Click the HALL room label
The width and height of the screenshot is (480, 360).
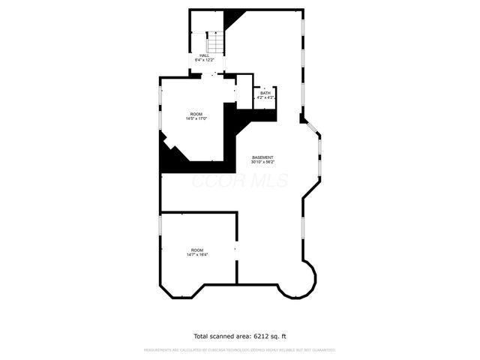[204, 55]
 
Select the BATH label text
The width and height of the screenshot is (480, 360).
[265, 93]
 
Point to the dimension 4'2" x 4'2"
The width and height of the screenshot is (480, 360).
[265, 97]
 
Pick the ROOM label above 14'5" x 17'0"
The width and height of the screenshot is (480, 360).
[196, 114]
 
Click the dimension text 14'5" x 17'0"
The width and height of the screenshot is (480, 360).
[196, 118]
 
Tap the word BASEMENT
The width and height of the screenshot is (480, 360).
[262, 157]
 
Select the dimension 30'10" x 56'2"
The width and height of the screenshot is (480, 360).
[262, 162]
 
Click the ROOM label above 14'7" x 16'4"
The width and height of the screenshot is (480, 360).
[197, 250]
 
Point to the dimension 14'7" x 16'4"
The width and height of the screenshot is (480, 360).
[197, 255]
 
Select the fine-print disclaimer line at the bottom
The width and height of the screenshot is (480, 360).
[240, 349]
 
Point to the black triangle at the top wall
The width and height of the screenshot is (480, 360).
[235, 16]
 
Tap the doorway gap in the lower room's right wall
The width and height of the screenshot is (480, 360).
[237, 247]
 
